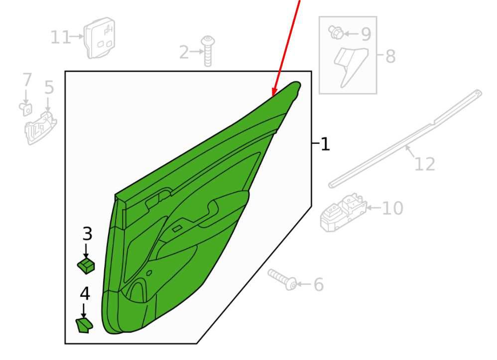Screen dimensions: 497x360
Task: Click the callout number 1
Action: [x=325, y=144]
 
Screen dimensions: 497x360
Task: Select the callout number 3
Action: [x=87, y=234]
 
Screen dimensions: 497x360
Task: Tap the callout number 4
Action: [x=85, y=293]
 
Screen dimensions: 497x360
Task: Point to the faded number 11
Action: [x=60, y=38]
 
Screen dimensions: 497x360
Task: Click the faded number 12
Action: [x=425, y=164]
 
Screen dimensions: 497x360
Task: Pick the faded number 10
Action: [x=392, y=208]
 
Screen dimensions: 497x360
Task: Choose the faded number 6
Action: [x=319, y=284]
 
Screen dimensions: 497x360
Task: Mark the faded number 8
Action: [x=390, y=56]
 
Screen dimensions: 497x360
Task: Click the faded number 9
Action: [x=366, y=34]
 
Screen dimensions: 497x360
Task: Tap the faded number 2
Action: [x=184, y=52]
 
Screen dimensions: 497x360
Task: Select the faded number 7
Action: [x=27, y=80]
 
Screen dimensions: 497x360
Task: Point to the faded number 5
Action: [x=49, y=87]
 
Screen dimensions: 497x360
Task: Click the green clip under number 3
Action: [x=86, y=265]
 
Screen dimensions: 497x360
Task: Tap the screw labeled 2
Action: [x=208, y=51]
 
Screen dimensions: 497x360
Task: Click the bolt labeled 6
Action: [x=282, y=279]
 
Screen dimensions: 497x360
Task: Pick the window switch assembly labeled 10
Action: [x=343, y=212]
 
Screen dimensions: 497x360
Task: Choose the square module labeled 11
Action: [x=100, y=38]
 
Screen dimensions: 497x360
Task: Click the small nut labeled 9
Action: [x=336, y=32]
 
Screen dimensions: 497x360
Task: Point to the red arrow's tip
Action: [x=273, y=96]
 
